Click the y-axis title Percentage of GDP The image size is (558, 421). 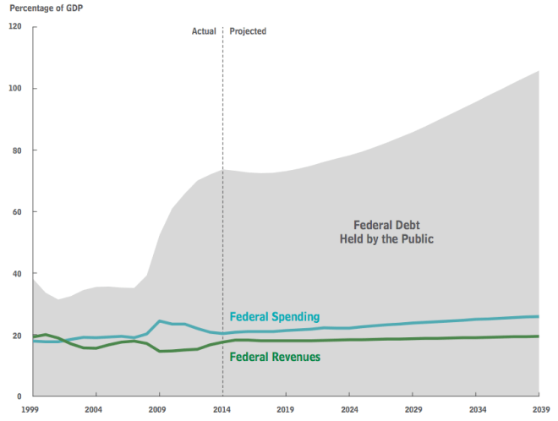(46, 8)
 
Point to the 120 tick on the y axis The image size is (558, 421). (14, 26)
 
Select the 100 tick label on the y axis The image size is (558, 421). (14, 88)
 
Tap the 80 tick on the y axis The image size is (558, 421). (16, 150)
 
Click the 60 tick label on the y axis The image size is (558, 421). (16, 212)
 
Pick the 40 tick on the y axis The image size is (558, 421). (16, 274)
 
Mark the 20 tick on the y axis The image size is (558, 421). (16, 336)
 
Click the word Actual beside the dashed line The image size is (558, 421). (204, 31)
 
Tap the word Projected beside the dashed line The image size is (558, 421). (248, 31)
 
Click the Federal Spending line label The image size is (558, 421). (275, 317)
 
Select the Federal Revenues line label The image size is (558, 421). (275, 357)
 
